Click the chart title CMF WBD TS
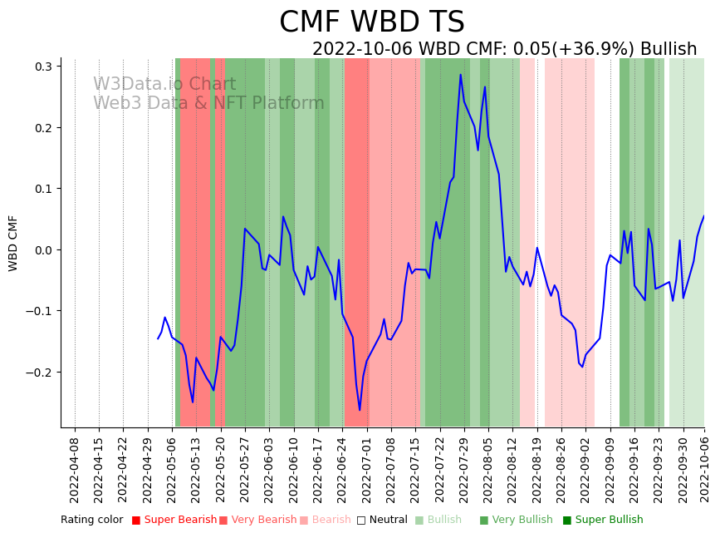(x=371, y=22)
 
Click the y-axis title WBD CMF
(x=13, y=243)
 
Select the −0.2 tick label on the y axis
(x=38, y=373)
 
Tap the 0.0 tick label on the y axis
(x=42, y=250)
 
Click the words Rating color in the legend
(x=91, y=520)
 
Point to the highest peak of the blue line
(x=461, y=75)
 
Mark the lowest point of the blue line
(x=360, y=410)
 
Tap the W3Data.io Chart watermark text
(x=164, y=84)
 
